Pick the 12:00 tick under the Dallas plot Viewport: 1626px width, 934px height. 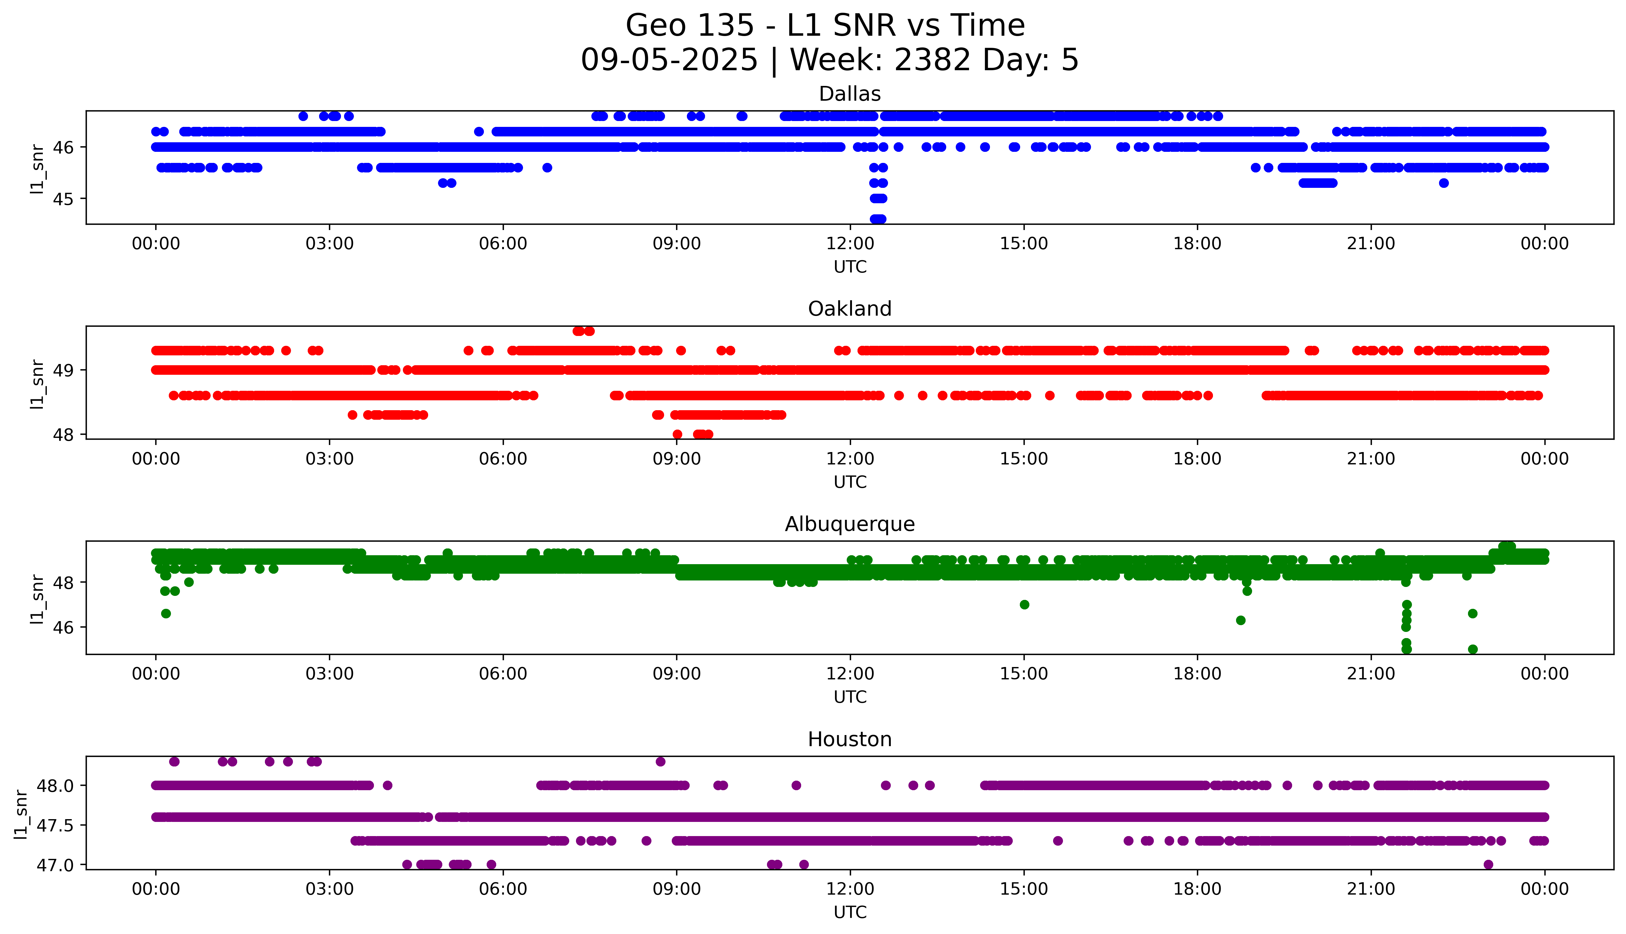pos(850,244)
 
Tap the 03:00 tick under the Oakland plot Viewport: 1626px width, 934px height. pos(330,459)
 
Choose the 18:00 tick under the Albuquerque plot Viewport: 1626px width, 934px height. pos(1197,674)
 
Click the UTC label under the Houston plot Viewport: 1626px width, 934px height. pos(850,912)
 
